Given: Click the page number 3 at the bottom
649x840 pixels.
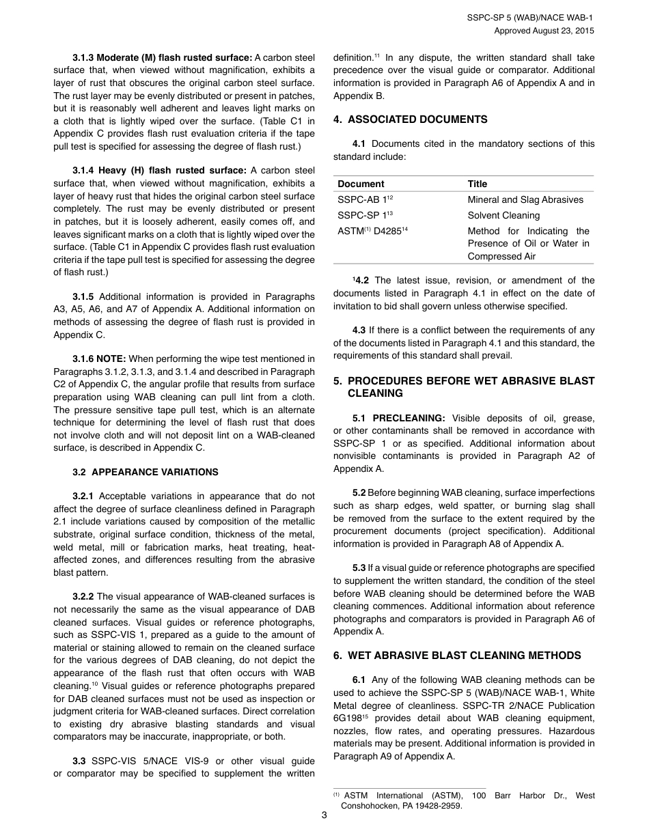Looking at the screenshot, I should pos(324,815).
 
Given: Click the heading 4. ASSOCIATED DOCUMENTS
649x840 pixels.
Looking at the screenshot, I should pos(410,120).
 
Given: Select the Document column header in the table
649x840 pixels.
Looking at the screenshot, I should pos(361,184).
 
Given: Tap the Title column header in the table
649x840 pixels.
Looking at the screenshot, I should pos(478,184).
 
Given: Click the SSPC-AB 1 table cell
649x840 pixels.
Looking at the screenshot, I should pos(365,199).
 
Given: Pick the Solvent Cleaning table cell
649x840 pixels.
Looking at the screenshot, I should pos(503,215).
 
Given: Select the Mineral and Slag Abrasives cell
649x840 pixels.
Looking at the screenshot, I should pos(525,199).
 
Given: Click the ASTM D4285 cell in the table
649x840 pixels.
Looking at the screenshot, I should pos(370,231).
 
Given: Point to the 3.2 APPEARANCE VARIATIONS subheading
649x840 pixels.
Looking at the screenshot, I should pos(146,472).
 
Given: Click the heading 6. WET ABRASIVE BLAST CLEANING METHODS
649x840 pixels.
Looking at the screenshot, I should pos(457,656).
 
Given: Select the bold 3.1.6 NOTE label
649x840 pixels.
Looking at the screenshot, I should pos(99,359).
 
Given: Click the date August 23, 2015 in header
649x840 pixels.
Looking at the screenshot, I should pos(560,31).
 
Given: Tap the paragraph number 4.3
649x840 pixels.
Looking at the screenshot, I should pos(359,330).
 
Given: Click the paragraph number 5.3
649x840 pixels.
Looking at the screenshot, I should pos(359,568).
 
